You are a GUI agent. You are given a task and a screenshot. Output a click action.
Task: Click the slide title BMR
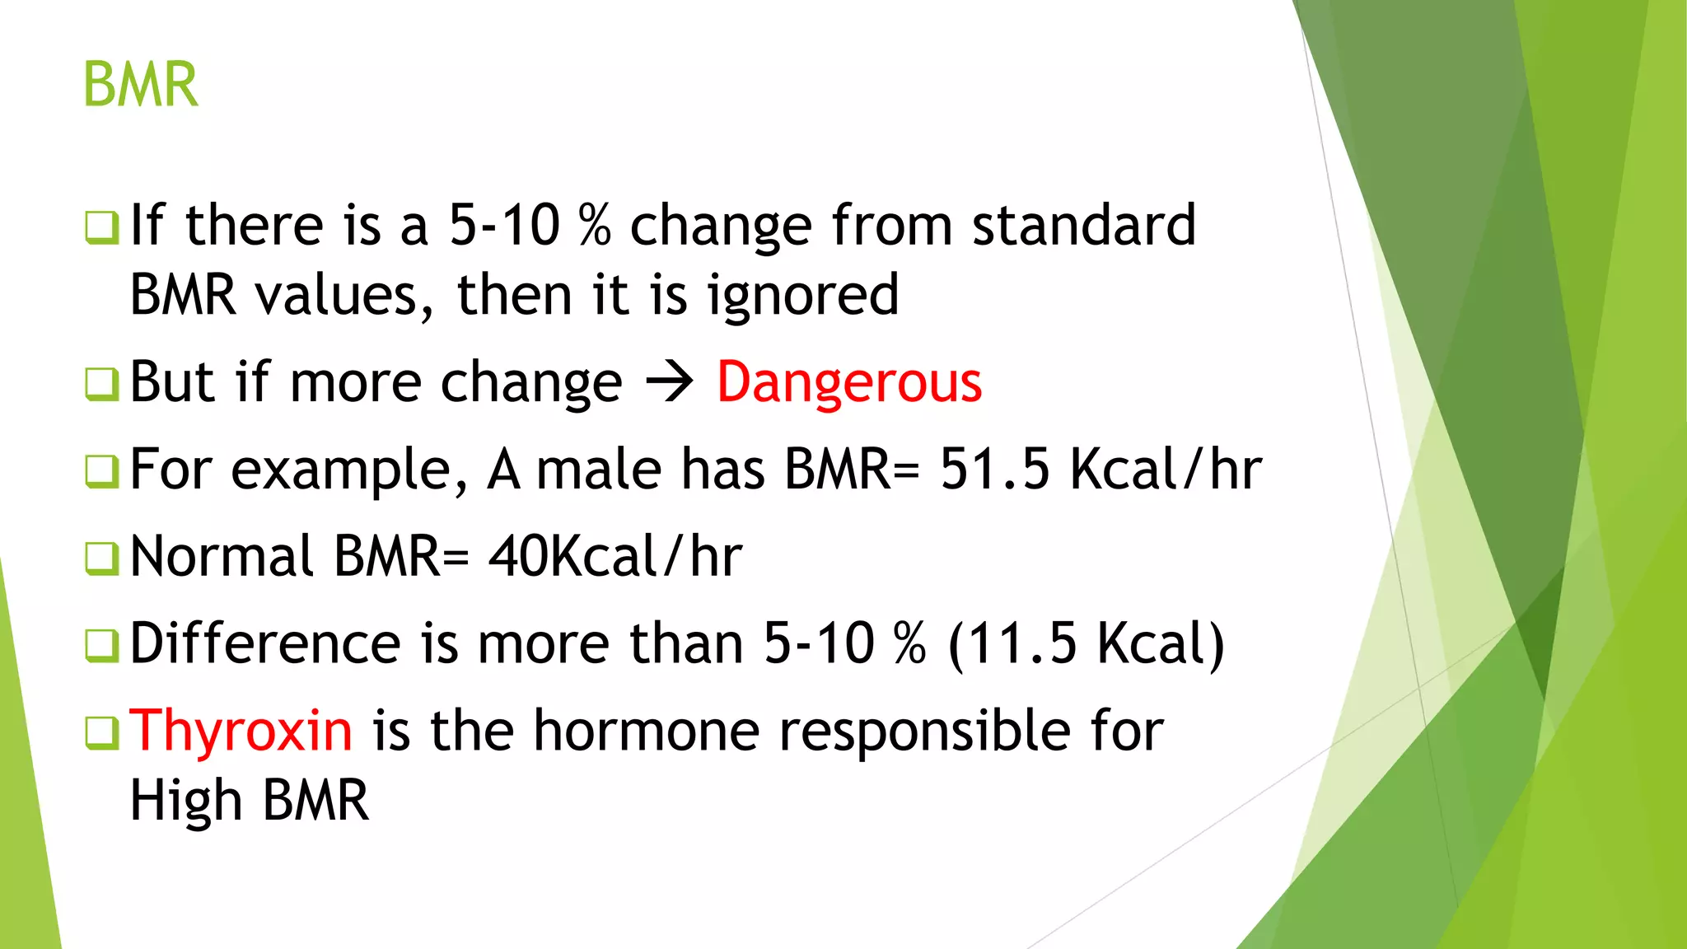coord(141,85)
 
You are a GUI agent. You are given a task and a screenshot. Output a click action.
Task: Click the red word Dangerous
coord(848,383)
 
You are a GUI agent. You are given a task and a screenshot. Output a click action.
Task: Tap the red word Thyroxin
coord(241,731)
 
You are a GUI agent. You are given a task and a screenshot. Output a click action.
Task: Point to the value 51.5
coord(995,470)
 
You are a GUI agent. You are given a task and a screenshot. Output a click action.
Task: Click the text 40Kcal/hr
coord(615,557)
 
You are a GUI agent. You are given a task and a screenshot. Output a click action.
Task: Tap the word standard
coord(1083,225)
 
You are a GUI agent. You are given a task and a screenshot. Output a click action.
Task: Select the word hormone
coord(646,731)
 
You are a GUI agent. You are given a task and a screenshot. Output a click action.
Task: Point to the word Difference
coord(265,643)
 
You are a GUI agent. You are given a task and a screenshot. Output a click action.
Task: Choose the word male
coord(599,470)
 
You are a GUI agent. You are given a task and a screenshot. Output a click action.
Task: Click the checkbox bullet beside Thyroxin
coord(102,732)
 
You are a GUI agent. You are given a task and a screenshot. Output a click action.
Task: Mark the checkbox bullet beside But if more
coord(102,384)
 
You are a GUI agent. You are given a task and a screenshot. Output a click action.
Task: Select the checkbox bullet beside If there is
coord(102,227)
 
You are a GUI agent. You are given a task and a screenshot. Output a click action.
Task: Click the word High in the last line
coord(186,802)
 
